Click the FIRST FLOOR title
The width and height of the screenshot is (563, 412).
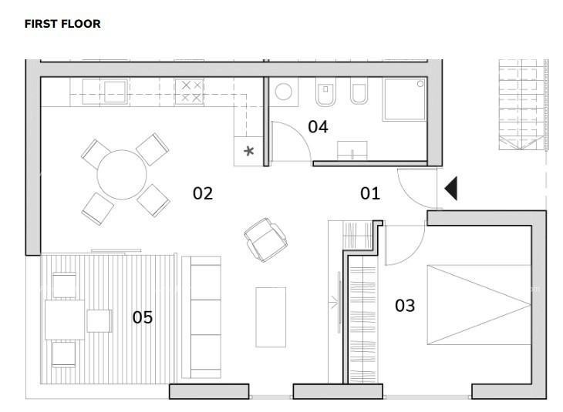(62, 24)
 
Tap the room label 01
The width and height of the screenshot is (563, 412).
(370, 193)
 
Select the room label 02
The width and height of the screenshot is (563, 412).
(202, 193)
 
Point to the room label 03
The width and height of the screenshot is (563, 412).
(405, 306)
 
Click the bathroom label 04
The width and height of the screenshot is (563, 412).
(318, 127)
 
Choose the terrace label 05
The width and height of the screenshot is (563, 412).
(142, 317)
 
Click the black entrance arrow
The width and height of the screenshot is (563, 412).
(450, 189)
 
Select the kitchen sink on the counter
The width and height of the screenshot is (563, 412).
(115, 92)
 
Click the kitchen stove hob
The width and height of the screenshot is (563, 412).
(190, 92)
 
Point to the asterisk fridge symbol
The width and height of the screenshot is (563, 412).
(248, 151)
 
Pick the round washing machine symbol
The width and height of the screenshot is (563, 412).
(284, 93)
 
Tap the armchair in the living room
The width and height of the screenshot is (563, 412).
(266, 238)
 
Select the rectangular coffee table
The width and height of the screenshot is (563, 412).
(271, 317)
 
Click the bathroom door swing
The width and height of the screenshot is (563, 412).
(287, 142)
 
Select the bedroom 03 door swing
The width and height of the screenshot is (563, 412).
(403, 242)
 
